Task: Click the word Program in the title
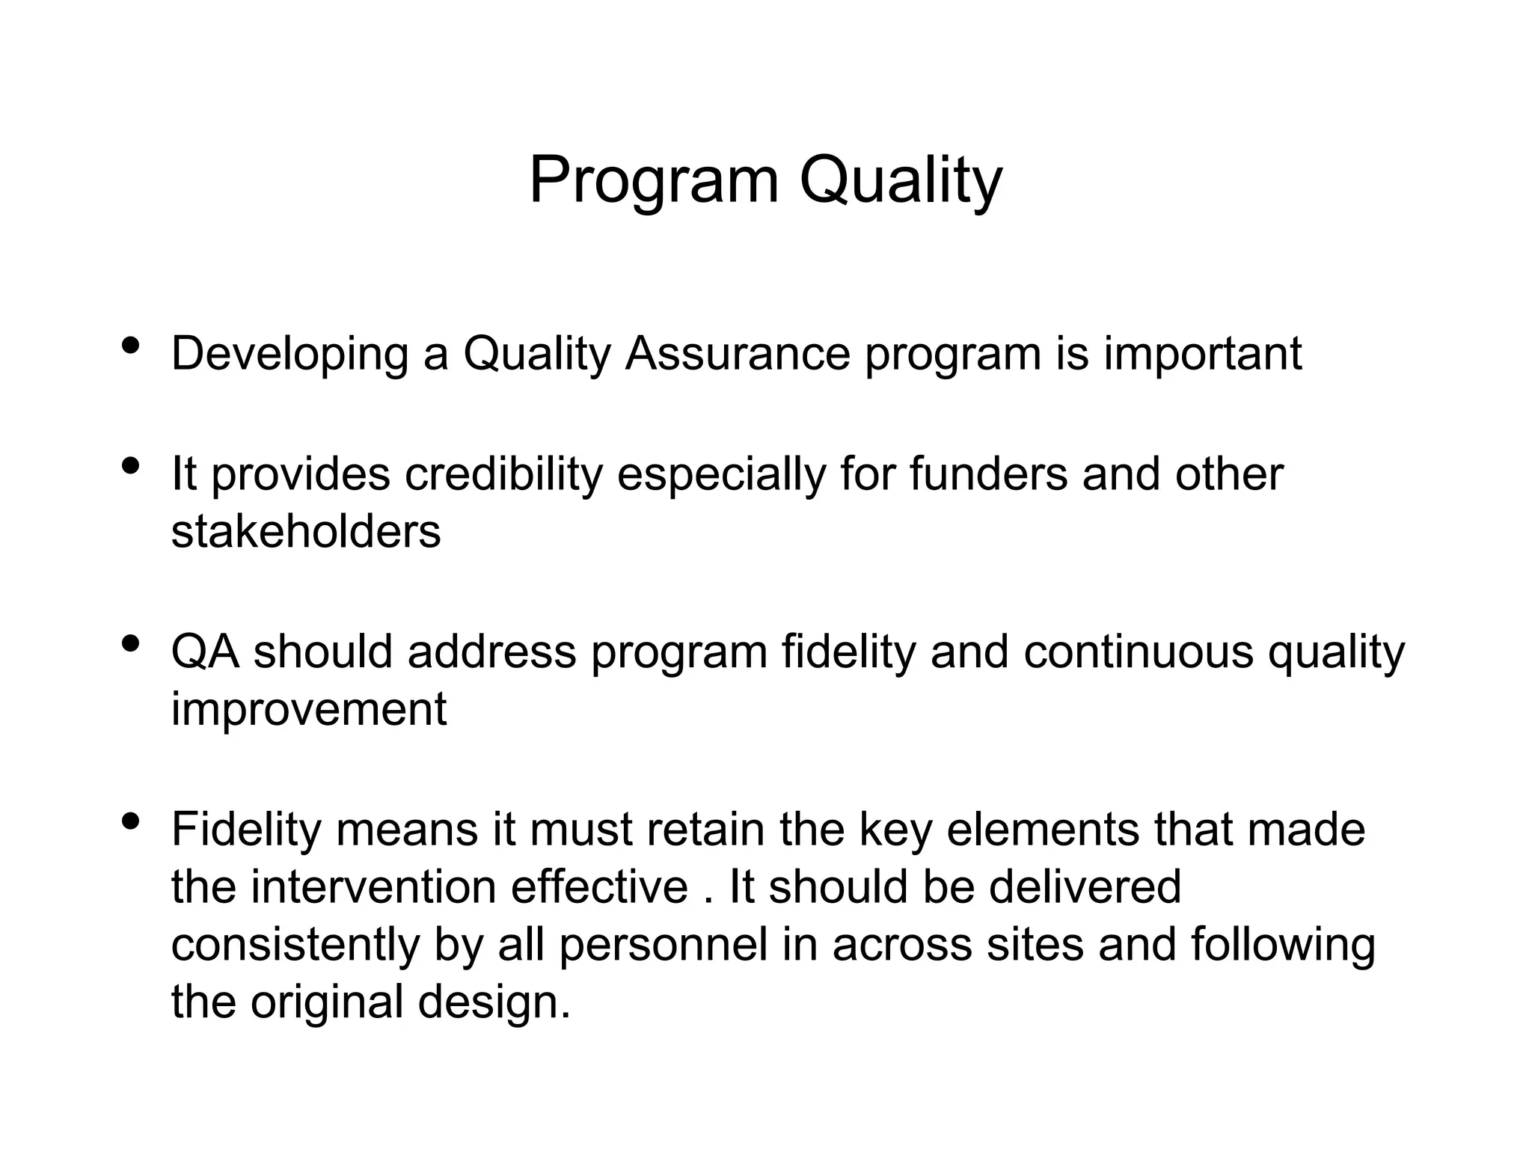pos(654,181)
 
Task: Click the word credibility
pos(503,474)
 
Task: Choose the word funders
pos(988,474)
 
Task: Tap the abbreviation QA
pos(205,652)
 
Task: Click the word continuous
pos(1138,652)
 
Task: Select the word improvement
pos(309,709)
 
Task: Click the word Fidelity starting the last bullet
pos(246,830)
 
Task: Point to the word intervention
pos(373,887)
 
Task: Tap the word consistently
pos(295,945)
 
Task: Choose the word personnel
pos(664,945)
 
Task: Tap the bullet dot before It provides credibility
pos(130,466)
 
